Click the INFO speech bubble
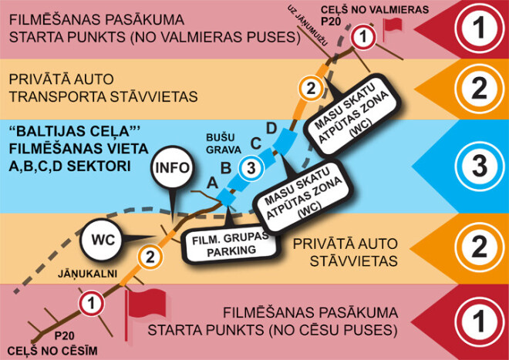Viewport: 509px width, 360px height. [171, 169]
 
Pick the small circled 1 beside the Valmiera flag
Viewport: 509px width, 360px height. [362, 35]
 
